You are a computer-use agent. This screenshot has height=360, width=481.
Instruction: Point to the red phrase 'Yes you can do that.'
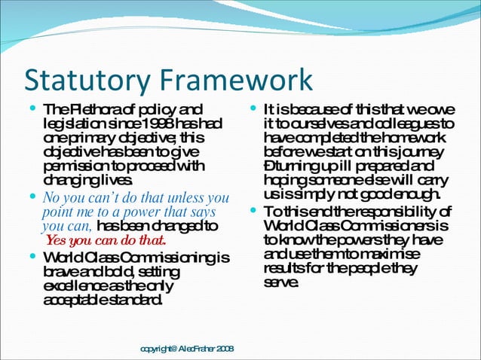pos(106,240)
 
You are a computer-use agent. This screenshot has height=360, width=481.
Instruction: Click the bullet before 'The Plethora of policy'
pos(32,110)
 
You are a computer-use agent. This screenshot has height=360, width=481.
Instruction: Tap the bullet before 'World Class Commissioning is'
pos(32,258)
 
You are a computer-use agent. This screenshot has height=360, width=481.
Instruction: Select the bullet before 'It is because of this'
pos(253,110)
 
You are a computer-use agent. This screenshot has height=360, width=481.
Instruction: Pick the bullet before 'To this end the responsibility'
pos(253,212)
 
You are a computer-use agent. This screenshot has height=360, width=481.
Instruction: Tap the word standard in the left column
pos(135,301)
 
